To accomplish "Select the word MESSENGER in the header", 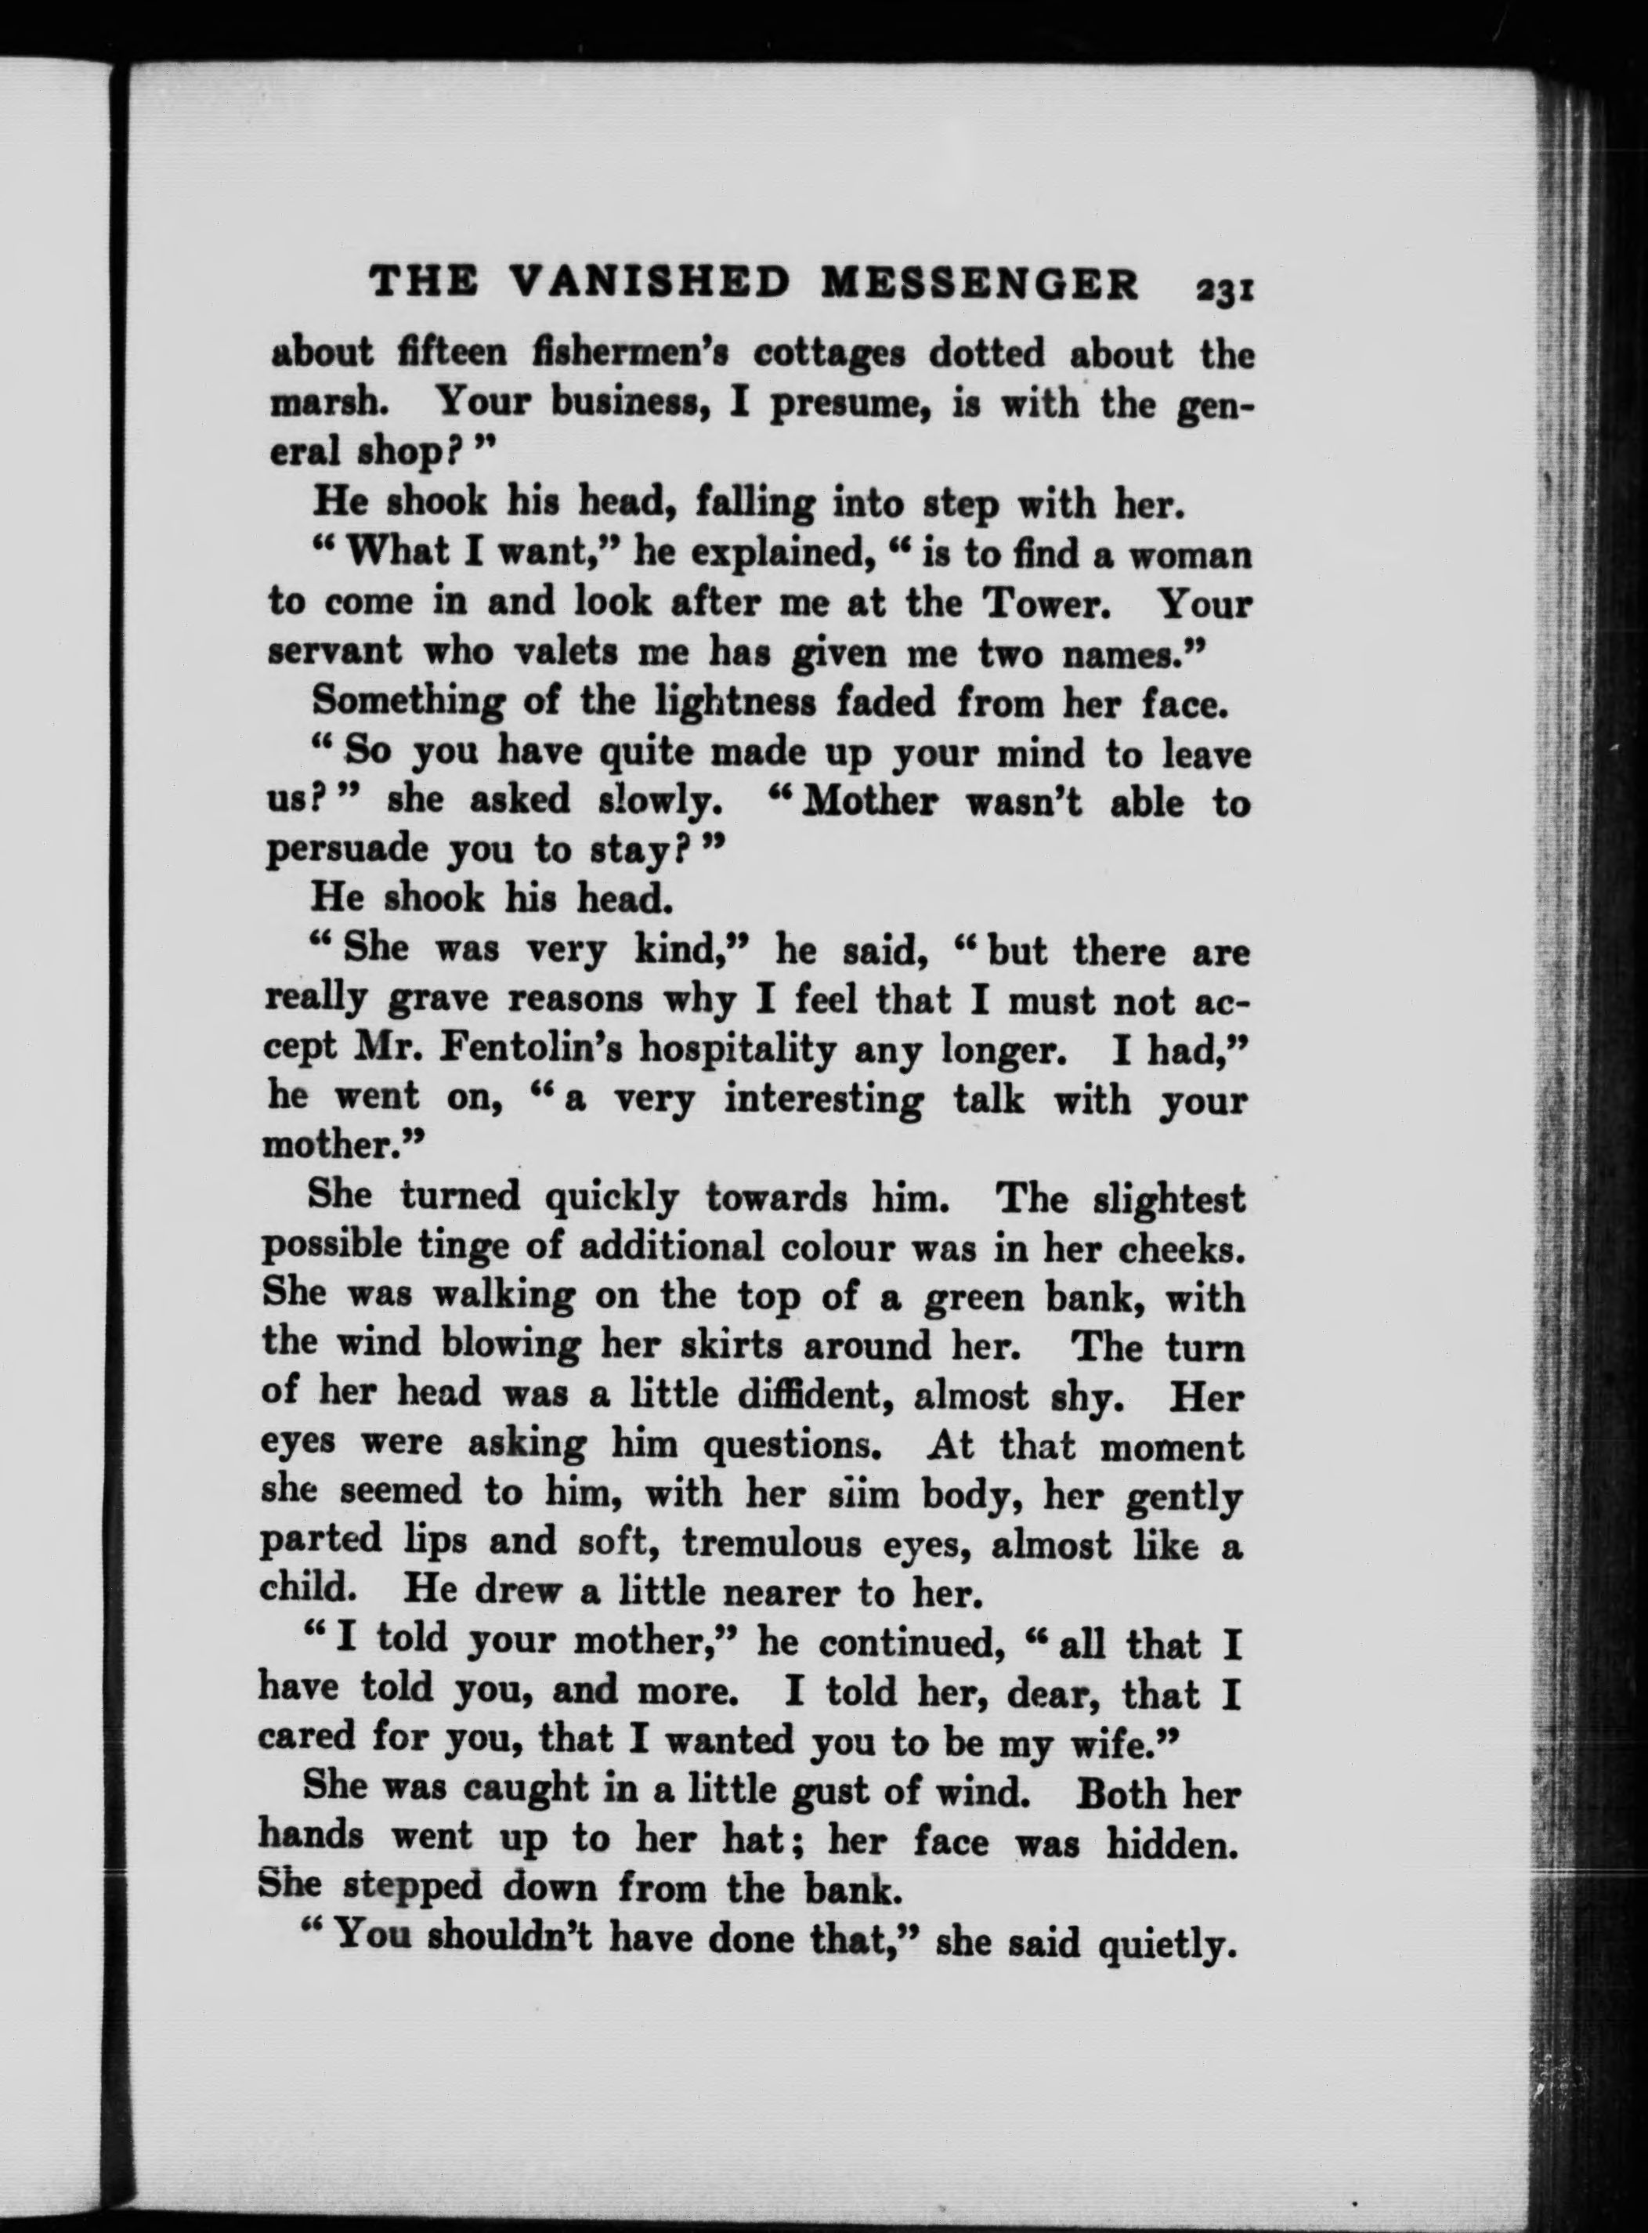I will pyautogui.click(x=978, y=282).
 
